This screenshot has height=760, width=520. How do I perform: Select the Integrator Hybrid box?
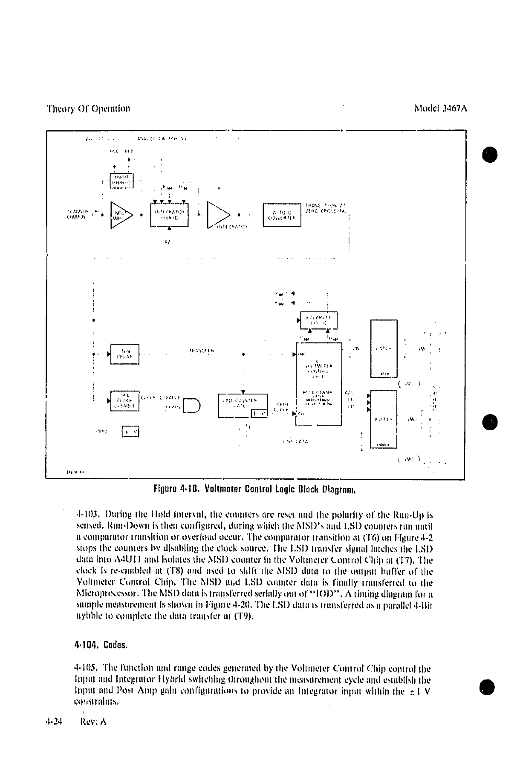tap(169, 215)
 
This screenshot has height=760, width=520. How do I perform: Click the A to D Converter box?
tap(282, 215)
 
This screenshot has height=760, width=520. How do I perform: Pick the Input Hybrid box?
tap(122, 181)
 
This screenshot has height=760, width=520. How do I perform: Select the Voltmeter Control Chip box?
tap(319, 383)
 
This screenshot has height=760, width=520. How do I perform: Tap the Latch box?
tap(384, 348)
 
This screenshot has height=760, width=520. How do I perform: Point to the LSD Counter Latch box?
tap(243, 405)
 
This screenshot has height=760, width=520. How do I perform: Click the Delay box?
tap(124, 354)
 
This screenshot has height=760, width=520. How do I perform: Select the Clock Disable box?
tap(124, 401)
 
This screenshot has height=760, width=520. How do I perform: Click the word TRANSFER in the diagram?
tap(202, 351)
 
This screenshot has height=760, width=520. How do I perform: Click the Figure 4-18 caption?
tap(255, 489)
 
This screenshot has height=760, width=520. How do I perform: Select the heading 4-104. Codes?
tap(101, 645)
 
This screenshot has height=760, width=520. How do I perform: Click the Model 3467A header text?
tap(441, 108)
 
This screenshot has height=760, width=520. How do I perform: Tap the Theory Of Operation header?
tap(88, 108)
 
